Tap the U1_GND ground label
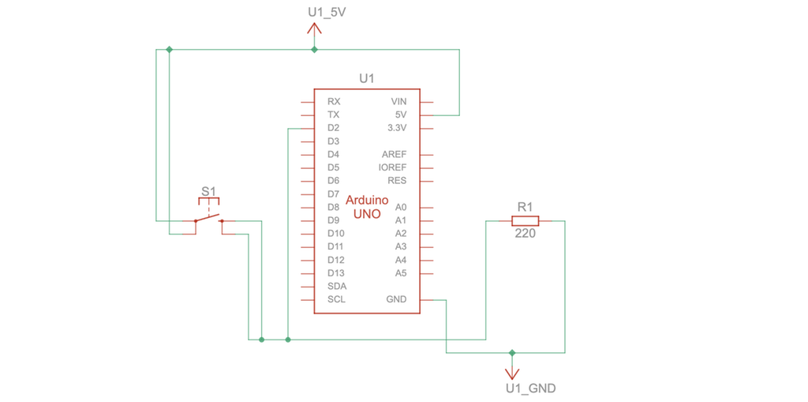pyautogui.click(x=530, y=388)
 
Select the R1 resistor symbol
pyautogui.click(x=525, y=221)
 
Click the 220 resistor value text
pyautogui.click(x=525, y=234)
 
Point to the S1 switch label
pyautogui.click(x=208, y=191)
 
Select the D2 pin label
pyautogui.click(x=333, y=128)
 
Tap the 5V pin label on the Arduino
pyautogui.click(x=400, y=115)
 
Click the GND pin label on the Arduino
pyautogui.click(x=396, y=299)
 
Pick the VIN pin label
pyautogui.click(x=398, y=102)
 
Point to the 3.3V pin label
pyautogui.click(x=397, y=128)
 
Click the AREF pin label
pyautogui.click(x=394, y=154)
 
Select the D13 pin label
pyautogui.click(x=335, y=272)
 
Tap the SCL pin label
pyautogui.click(x=336, y=299)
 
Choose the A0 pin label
pyautogui.click(x=401, y=207)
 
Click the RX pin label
pyautogui.click(x=334, y=102)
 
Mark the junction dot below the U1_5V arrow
pyautogui.click(x=314, y=50)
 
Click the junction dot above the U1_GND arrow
pyautogui.click(x=512, y=352)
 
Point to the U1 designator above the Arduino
pyautogui.click(x=366, y=78)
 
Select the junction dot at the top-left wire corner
pyautogui.click(x=170, y=50)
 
